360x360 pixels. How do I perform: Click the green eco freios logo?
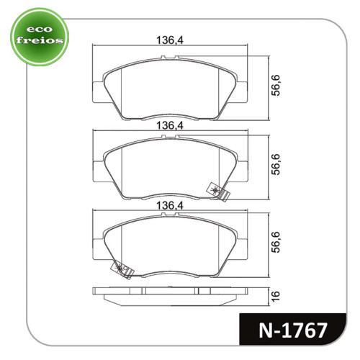tap(40, 37)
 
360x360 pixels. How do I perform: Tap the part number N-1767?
tap(293, 330)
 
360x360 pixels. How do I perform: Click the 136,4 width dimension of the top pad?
tap(170, 40)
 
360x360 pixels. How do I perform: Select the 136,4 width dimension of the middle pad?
tap(170, 125)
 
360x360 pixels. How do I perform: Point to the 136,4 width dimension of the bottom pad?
tap(170, 205)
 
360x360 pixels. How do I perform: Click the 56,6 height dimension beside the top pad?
tap(276, 86)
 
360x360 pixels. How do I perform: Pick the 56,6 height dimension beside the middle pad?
tap(276, 164)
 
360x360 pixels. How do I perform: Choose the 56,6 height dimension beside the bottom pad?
tap(276, 242)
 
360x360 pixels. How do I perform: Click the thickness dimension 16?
tap(276, 296)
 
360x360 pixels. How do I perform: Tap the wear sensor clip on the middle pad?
tap(218, 192)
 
